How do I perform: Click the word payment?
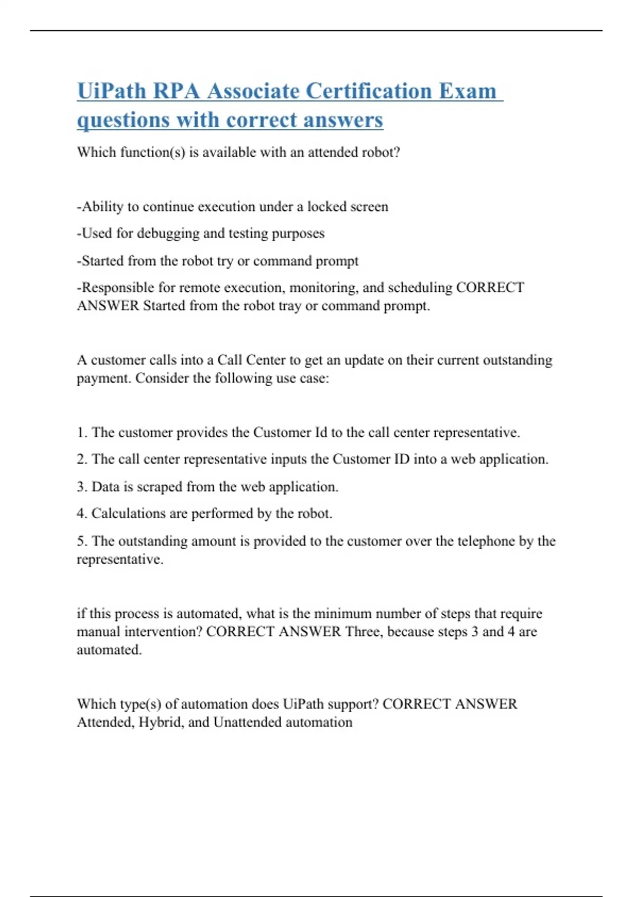point(103,378)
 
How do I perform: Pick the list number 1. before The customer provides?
point(82,433)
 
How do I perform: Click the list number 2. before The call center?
point(82,459)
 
